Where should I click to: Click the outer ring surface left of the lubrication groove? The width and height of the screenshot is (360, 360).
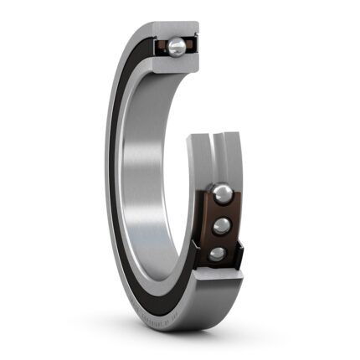coord(205,159)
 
